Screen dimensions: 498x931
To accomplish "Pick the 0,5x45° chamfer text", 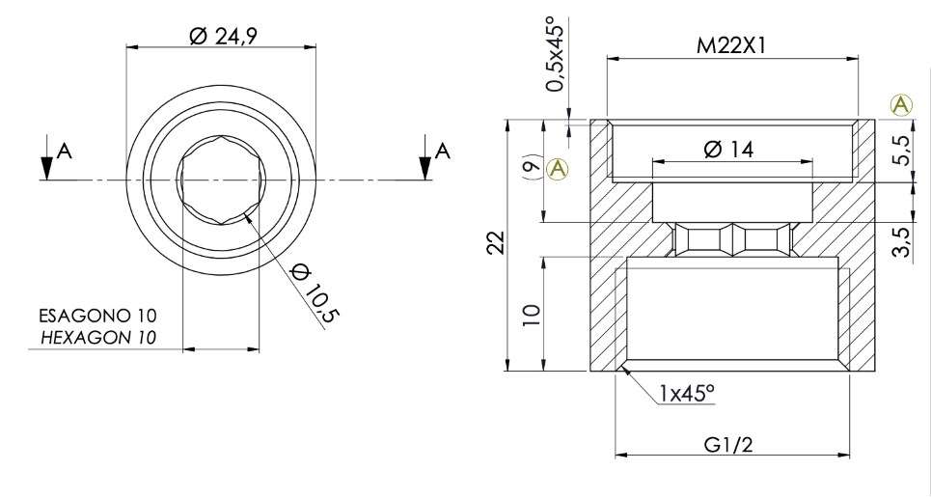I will click(556, 55).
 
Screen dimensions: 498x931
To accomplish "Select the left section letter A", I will click(64, 150).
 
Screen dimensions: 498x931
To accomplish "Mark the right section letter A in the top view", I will click(443, 150).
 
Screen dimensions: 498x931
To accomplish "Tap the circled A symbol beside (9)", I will click(557, 170).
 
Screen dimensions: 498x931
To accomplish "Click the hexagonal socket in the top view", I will click(221, 180).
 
